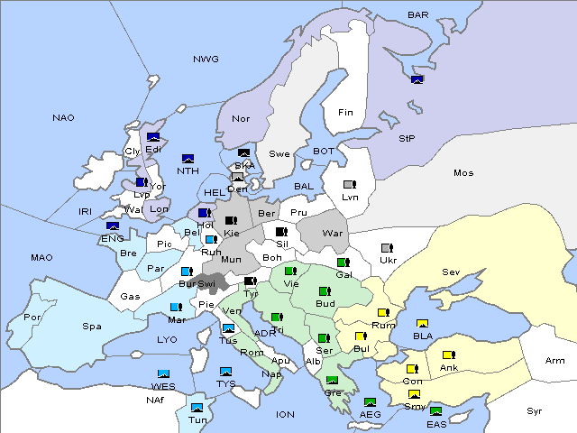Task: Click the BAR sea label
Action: tap(418, 14)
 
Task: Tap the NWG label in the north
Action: tap(206, 60)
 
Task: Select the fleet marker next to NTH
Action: tap(188, 159)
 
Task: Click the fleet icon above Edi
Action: tap(153, 137)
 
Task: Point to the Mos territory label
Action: tap(463, 172)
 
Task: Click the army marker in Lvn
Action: tap(349, 185)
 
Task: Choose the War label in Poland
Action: tap(334, 233)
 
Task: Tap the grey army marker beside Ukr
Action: tap(387, 248)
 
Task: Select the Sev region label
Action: tap(451, 272)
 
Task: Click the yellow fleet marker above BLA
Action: tap(422, 324)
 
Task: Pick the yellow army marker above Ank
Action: tap(448, 355)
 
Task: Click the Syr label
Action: tap(535, 410)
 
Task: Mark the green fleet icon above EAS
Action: tap(436, 411)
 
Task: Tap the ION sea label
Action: tap(285, 414)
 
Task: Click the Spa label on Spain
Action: tap(92, 326)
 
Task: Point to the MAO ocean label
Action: tap(41, 257)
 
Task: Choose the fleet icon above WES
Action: tap(164, 373)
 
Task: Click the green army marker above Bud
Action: tap(325, 291)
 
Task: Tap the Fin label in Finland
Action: tap(345, 113)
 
